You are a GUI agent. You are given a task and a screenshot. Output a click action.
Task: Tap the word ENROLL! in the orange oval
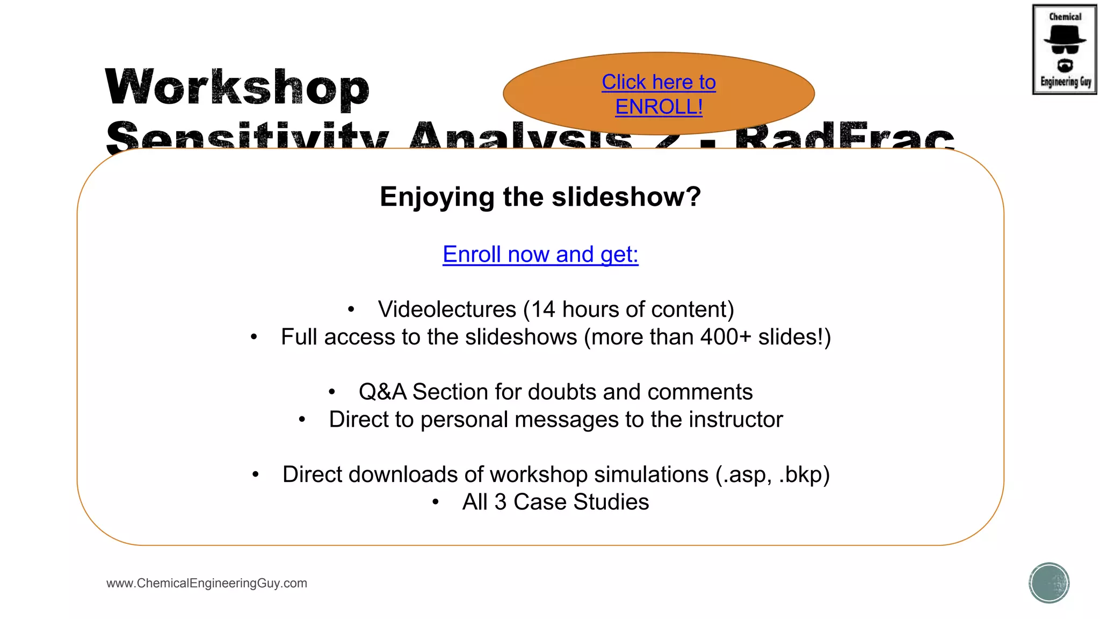[658, 107]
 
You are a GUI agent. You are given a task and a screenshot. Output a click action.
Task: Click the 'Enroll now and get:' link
[540, 254]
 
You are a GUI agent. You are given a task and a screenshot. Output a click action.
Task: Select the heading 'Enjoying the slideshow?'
[540, 197]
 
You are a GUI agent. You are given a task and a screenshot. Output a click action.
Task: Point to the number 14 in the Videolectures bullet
[543, 310]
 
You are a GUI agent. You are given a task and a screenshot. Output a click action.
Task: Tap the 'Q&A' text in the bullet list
[382, 392]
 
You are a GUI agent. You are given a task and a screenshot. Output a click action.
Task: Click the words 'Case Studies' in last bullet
[581, 502]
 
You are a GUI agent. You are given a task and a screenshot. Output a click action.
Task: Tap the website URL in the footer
[207, 584]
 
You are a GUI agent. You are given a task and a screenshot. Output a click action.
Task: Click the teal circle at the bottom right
[1049, 583]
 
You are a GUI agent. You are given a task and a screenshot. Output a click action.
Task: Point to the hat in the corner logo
[1065, 35]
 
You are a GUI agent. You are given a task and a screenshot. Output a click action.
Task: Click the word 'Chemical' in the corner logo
[1065, 17]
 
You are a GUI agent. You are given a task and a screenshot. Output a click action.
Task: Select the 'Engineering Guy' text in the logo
[1066, 82]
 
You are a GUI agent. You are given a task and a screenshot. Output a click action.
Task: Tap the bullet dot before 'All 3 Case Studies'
[436, 502]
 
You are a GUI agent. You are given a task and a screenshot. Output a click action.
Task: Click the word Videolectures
[447, 310]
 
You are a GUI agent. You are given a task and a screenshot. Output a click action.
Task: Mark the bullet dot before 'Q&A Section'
[332, 392]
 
